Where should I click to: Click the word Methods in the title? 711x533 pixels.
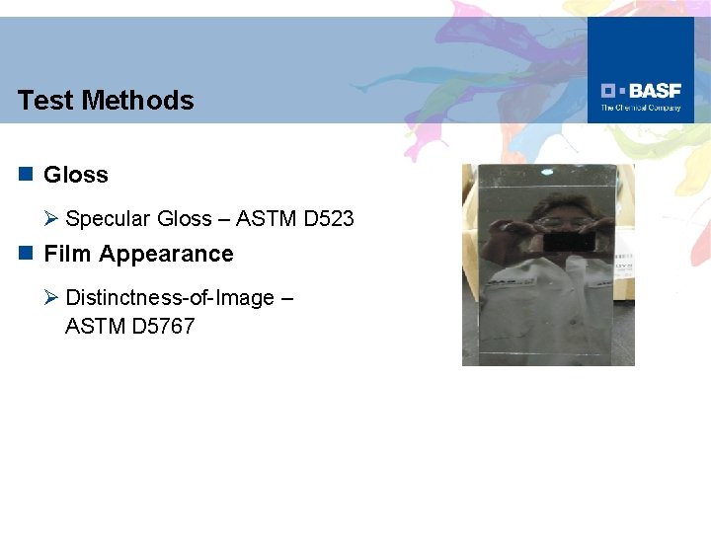[x=138, y=101]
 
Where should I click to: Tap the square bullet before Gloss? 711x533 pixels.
[x=25, y=175]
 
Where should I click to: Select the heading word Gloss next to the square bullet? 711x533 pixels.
[x=76, y=176]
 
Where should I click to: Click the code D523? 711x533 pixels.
[x=329, y=219]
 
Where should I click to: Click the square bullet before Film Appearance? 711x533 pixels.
[x=25, y=254]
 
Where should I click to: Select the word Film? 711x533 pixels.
[x=67, y=255]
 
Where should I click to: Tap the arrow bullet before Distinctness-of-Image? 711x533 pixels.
[x=52, y=298]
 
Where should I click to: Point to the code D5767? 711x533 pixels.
[x=163, y=326]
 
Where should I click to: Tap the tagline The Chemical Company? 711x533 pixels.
[x=641, y=108]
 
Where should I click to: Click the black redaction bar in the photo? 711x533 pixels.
[x=569, y=241]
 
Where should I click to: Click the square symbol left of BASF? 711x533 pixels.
[x=610, y=91]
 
